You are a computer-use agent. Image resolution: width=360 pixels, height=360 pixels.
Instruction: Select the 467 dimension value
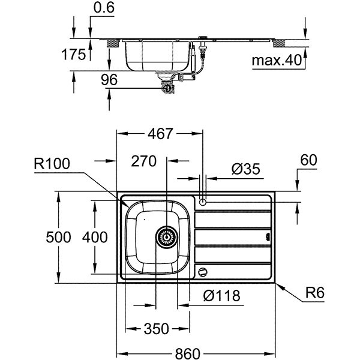[x=161, y=134]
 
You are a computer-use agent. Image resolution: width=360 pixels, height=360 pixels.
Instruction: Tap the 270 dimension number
[x=144, y=161]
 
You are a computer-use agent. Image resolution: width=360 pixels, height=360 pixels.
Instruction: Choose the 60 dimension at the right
[x=308, y=161]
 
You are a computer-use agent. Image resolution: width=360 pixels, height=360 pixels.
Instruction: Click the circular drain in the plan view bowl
[x=166, y=237]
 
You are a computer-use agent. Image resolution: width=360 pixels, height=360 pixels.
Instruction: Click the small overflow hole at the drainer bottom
[x=203, y=271]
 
